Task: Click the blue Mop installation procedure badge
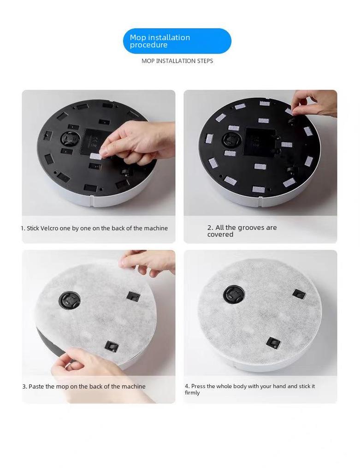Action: tap(177, 41)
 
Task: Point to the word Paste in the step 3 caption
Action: tap(36, 386)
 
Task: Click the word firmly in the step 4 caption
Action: tap(192, 393)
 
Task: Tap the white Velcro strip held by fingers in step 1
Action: tap(96, 156)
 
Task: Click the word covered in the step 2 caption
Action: tap(220, 235)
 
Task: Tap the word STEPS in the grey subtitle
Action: tap(205, 61)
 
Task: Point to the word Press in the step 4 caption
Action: tap(198, 386)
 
